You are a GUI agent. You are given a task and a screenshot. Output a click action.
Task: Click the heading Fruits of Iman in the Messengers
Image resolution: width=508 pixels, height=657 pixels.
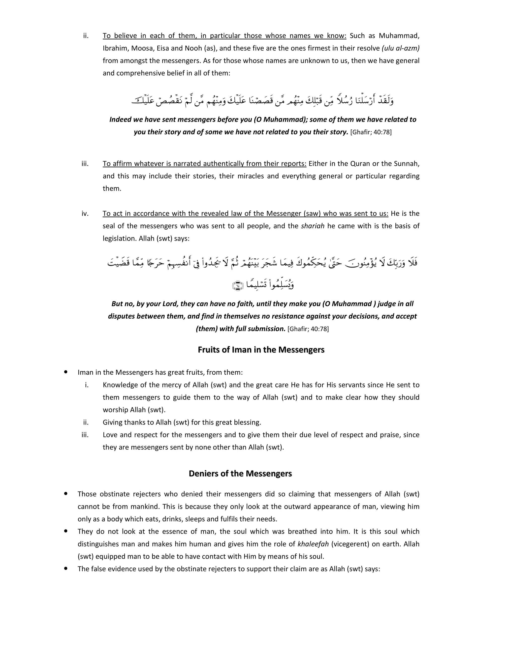[x=261, y=350]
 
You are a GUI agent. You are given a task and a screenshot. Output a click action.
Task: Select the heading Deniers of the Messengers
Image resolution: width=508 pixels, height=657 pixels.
[x=240, y=474]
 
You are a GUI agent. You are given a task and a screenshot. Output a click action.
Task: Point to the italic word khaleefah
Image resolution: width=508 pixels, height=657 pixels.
[x=313, y=544]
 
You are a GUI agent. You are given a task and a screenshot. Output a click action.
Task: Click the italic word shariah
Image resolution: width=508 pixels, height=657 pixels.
[x=312, y=226]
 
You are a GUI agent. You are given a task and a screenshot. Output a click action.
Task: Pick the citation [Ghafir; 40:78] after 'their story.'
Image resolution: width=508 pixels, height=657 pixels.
[x=371, y=132]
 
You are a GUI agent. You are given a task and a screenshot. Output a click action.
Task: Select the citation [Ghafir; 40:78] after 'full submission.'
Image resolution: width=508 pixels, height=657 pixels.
[x=308, y=329]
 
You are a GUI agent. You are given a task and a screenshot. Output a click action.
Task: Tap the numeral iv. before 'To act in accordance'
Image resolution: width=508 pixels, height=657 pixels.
[x=85, y=213]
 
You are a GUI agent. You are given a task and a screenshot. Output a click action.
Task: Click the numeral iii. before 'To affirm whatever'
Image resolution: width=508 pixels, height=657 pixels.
[x=85, y=164]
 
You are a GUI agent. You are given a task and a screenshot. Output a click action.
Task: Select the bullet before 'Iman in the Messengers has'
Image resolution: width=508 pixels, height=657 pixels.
[x=65, y=372]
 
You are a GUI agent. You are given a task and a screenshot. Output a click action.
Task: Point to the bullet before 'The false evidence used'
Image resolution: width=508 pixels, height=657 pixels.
[x=65, y=568]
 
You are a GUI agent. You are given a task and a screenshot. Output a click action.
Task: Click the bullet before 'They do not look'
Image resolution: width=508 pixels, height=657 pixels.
[x=65, y=531]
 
